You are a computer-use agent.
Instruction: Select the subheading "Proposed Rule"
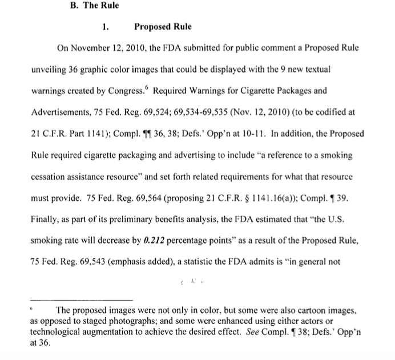tap(163, 27)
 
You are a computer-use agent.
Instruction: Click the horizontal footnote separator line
tap(80, 300)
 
